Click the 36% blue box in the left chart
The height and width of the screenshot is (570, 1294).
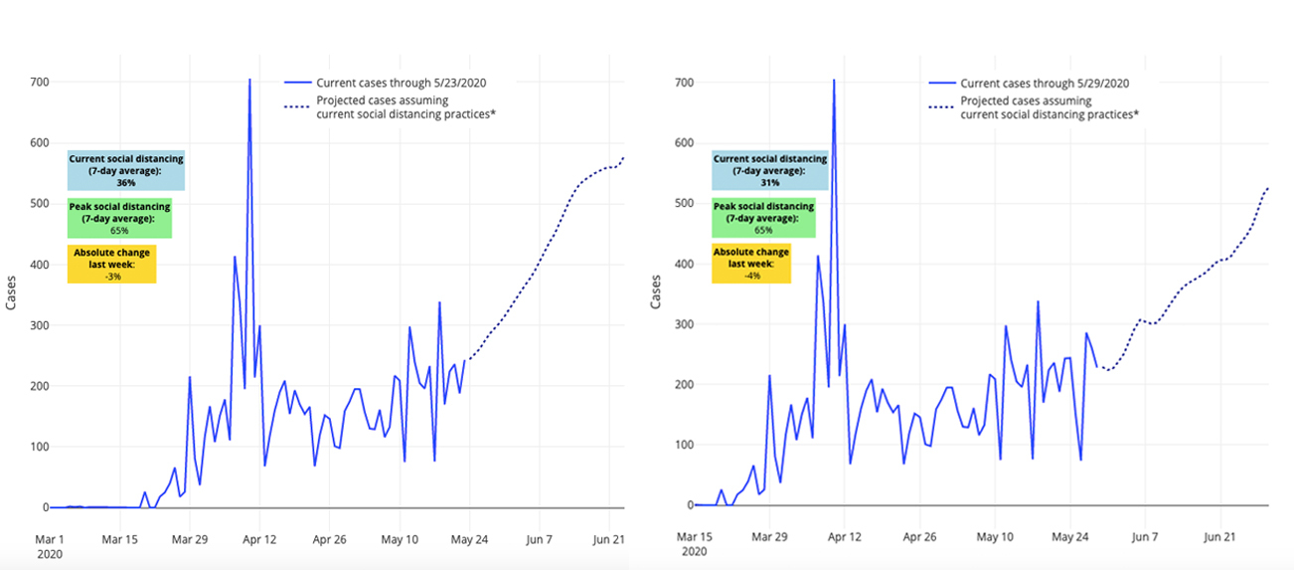pos(125,170)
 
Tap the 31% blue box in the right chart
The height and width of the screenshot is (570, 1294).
pos(769,170)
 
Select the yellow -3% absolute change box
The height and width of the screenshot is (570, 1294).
pos(111,264)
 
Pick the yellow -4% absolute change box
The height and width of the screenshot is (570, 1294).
pos(751,264)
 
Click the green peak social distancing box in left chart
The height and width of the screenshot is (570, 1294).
pos(119,218)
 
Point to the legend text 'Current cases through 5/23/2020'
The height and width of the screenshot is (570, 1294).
pos(401,83)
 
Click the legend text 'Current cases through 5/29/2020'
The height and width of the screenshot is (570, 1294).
pos(1045,83)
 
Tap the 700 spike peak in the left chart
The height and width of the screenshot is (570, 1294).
pos(249,80)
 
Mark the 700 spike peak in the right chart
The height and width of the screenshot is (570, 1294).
pos(834,80)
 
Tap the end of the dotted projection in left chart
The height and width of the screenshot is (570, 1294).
pos(624,157)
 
